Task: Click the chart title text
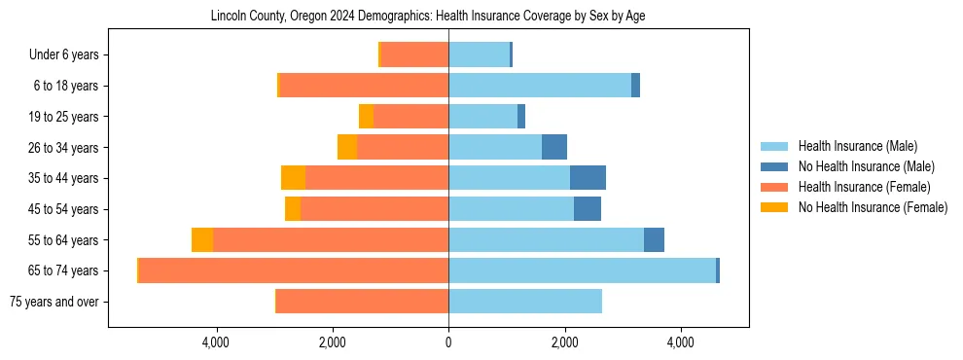pyautogui.click(x=428, y=17)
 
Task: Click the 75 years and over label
pyautogui.click(x=53, y=302)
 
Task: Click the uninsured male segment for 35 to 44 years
pyautogui.click(x=588, y=178)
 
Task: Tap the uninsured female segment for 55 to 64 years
pyautogui.click(x=202, y=240)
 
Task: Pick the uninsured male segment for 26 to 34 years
pyautogui.click(x=554, y=147)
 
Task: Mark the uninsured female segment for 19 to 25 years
pyautogui.click(x=366, y=117)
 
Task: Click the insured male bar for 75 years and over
pyautogui.click(x=525, y=302)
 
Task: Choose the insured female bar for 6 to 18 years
pyautogui.click(x=364, y=86)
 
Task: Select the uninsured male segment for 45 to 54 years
pyautogui.click(x=588, y=209)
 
